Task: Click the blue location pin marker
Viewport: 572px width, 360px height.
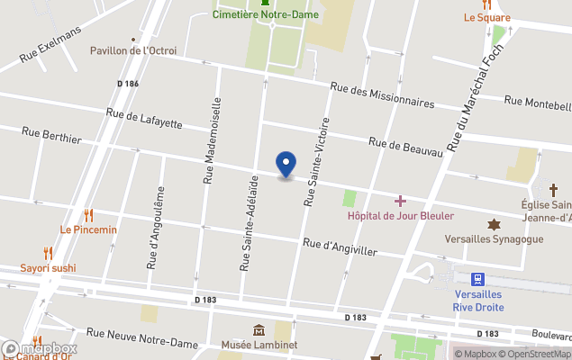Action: coord(286,165)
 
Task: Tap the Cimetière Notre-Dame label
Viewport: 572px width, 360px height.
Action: coord(265,14)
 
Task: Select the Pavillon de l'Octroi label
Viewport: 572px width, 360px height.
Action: coord(133,50)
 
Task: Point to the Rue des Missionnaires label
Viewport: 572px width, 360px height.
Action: coord(382,94)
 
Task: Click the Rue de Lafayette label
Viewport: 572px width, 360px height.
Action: coord(144,118)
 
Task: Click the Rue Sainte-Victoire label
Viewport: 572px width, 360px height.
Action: coord(316,161)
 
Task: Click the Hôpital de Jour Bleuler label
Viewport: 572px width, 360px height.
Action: coord(401,216)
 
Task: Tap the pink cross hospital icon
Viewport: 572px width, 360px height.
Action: coord(401,201)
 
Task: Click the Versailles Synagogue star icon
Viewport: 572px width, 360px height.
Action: coord(494,224)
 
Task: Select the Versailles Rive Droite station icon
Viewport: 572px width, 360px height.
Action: coord(478,279)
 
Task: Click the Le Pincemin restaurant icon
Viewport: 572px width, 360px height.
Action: coord(88,215)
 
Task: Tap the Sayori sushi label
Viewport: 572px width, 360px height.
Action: coord(49,267)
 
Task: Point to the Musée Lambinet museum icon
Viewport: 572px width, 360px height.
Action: coord(259,330)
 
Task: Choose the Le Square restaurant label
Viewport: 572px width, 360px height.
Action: coord(486,17)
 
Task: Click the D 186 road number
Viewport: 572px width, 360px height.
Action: coord(128,84)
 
